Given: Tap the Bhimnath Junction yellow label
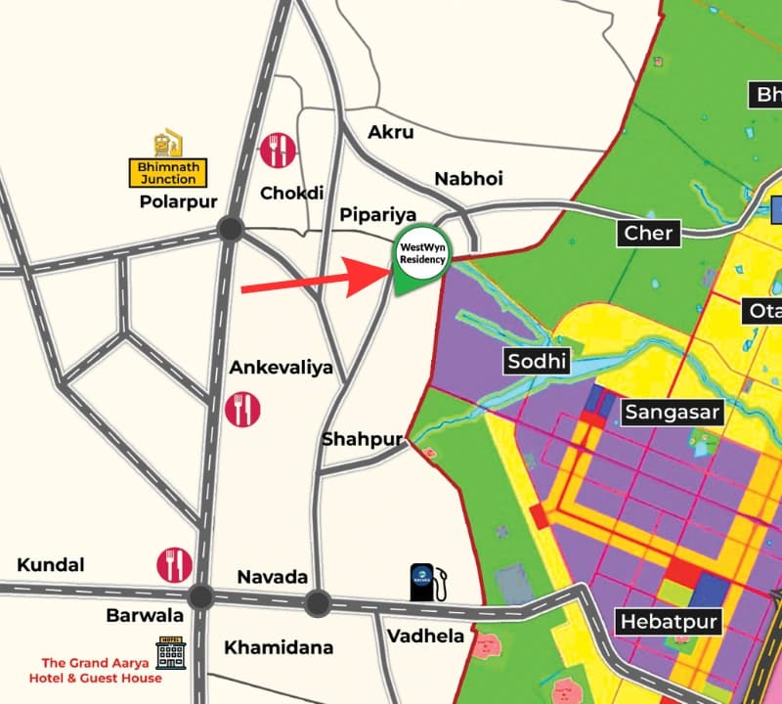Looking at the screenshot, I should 168,174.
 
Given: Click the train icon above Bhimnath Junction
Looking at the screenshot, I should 168,143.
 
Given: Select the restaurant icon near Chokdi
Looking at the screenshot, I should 278,151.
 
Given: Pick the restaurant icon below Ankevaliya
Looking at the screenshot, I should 242,408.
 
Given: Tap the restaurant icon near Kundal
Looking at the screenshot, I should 174,564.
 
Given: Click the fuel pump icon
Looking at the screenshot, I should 428,582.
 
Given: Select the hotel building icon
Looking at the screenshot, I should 171,652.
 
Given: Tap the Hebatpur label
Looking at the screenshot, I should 669,622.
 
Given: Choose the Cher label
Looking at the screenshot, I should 648,234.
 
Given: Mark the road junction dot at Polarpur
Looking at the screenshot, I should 231,230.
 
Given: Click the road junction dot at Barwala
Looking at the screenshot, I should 200,596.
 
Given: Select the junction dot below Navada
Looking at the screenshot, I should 316,603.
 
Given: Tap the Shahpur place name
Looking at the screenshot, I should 363,440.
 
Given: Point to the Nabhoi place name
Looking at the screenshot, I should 468,178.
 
